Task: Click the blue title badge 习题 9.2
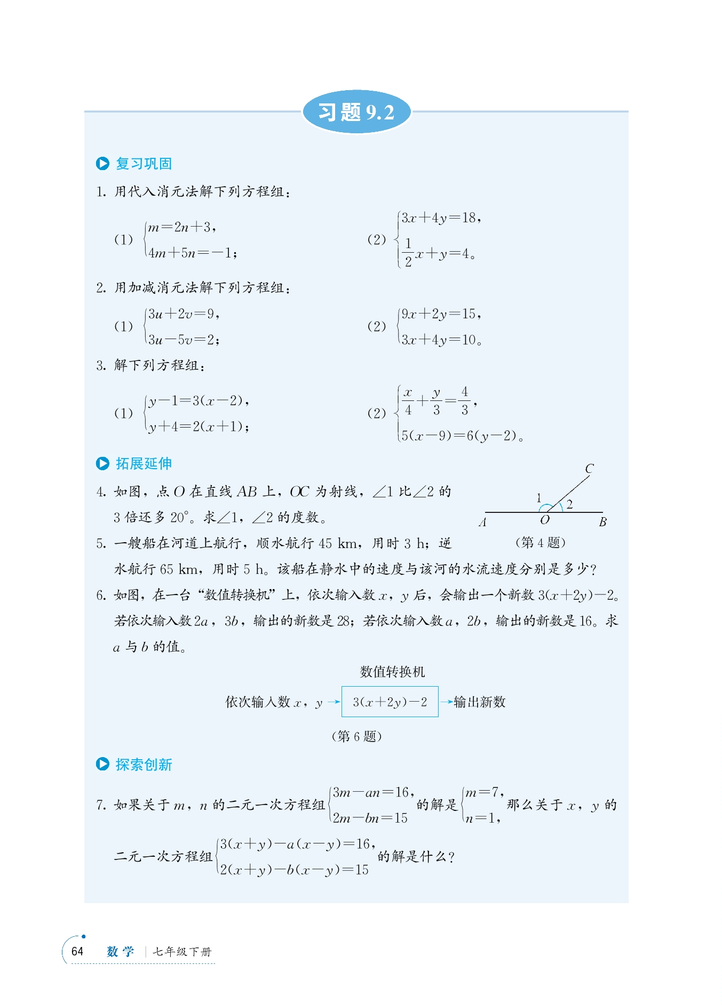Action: tap(356, 112)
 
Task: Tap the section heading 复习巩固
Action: tap(143, 164)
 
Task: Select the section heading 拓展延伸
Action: tap(143, 464)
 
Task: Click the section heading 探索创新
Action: tap(143, 765)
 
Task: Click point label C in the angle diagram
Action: tap(589, 469)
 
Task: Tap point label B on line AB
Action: tap(602, 522)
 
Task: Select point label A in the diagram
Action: tap(483, 522)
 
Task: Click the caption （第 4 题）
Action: tap(540, 543)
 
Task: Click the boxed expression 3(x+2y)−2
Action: tap(390, 702)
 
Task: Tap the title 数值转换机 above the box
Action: tap(392, 672)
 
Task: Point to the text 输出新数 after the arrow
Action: tap(479, 702)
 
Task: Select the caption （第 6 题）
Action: tap(356, 736)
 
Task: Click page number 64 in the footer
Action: tap(77, 951)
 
